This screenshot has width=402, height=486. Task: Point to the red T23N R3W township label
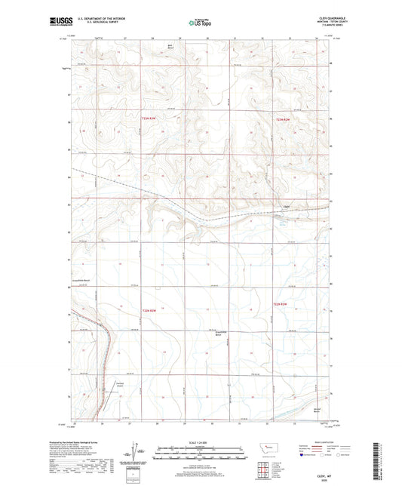[x=151, y=118]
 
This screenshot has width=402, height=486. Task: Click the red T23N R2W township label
[x=283, y=118]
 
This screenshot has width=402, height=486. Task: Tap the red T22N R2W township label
[x=281, y=304]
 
